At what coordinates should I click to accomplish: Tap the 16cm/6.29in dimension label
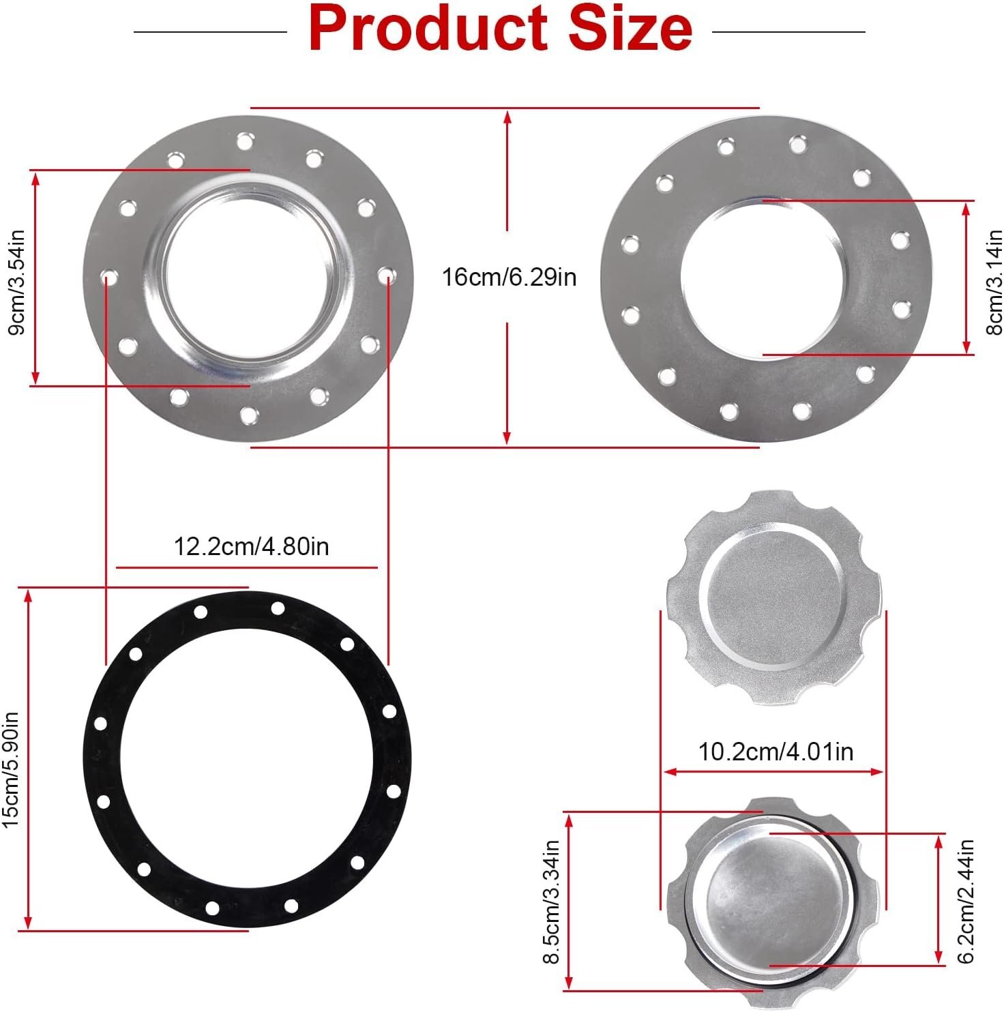click(509, 278)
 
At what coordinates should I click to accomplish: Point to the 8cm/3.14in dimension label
click(993, 282)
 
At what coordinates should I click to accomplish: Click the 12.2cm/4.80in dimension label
click(252, 546)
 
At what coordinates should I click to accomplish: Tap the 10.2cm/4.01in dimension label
click(776, 751)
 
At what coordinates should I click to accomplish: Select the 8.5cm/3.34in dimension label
click(550, 902)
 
